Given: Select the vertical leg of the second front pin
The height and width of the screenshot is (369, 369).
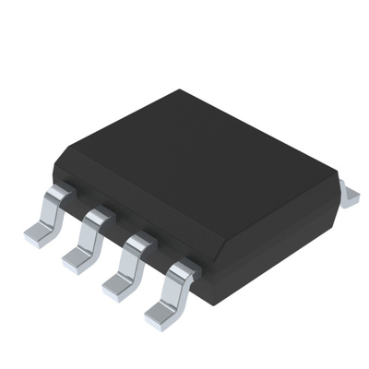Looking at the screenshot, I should [90, 238].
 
